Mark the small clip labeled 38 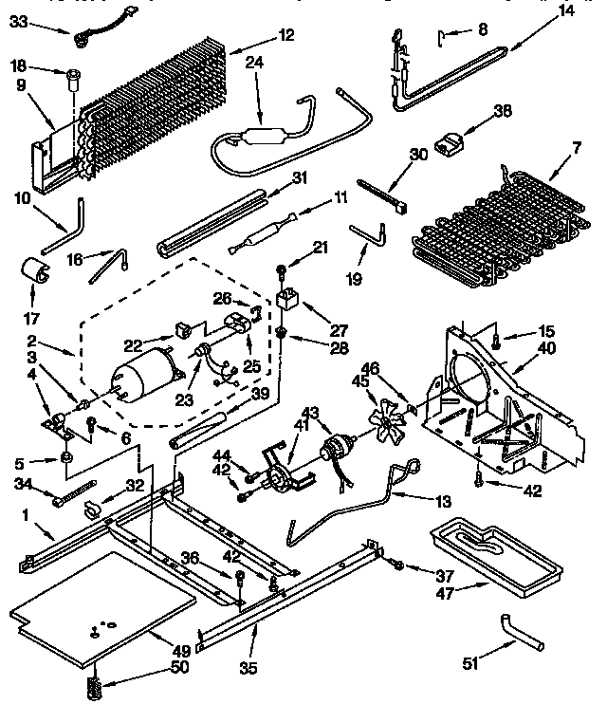pyautogui.click(x=451, y=142)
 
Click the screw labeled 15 pyautogui.click(x=495, y=333)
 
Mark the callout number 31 pyautogui.click(x=300, y=176)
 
